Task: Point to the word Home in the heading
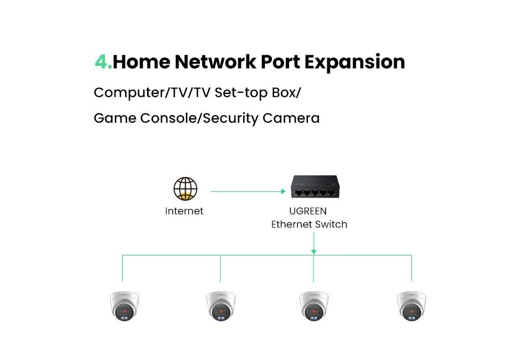pos(141,62)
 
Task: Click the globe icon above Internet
pos(185,189)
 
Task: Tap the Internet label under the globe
pos(184,211)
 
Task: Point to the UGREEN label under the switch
pos(308,211)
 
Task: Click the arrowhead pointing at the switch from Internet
pos(282,192)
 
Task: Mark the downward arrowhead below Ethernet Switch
pos(314,252)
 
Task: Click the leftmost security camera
pos(123,306)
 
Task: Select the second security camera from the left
pos(221,306)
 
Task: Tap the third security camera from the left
pos(314,306)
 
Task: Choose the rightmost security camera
pos(411,306)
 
